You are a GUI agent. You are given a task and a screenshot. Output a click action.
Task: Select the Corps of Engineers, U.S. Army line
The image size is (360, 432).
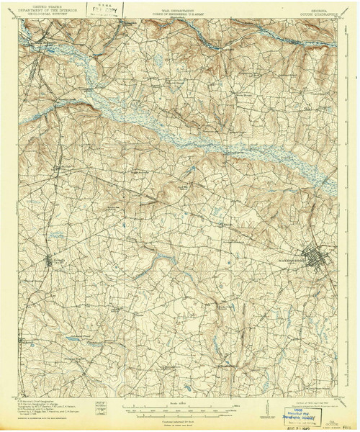click(180, 15)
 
